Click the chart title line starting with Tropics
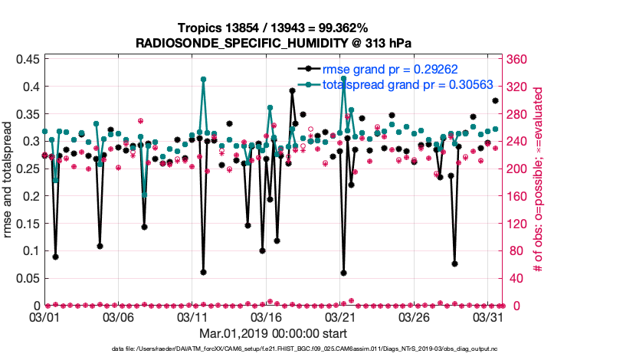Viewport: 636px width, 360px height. (274, 28)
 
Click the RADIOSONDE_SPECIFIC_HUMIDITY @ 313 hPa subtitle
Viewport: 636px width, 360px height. (274, 43)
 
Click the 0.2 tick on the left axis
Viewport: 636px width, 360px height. (31, 196)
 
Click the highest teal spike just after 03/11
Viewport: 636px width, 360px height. (203, 79)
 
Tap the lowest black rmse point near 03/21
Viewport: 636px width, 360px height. (344, 273)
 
